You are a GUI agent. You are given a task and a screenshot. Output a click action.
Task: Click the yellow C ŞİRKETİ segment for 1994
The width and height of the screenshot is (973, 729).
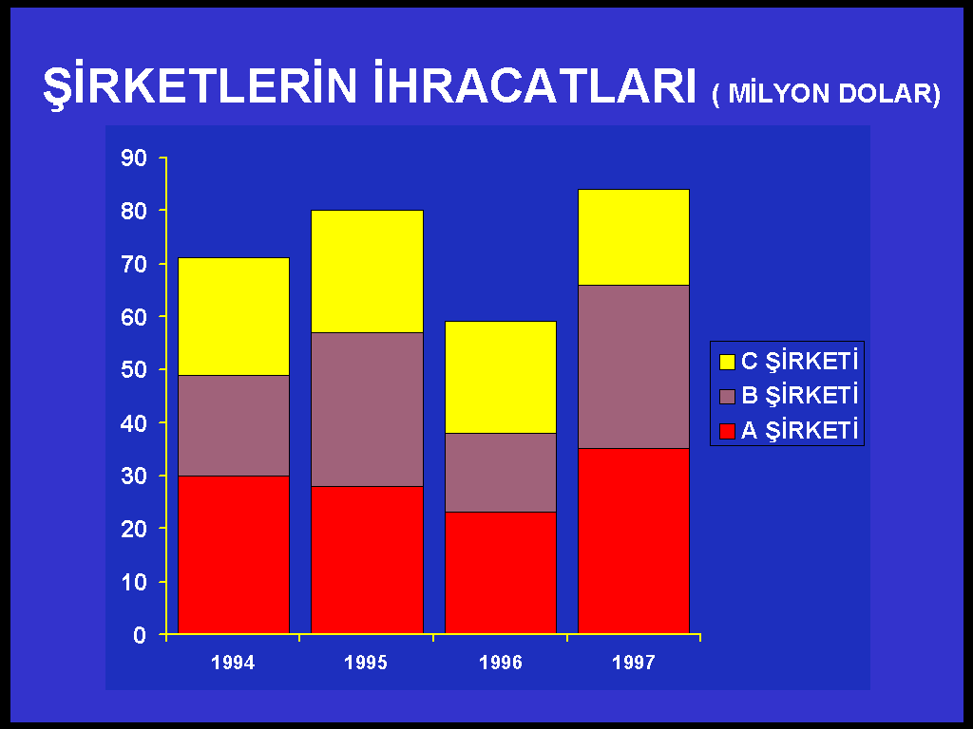coord(234,317)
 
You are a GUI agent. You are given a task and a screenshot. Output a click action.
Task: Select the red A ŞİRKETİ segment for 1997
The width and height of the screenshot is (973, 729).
coord(634,541)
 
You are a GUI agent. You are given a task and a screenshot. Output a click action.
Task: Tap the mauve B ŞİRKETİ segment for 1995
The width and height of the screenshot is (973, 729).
coord(367,410)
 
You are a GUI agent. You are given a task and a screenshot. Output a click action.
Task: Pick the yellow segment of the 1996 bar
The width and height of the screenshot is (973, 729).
coord(500,377)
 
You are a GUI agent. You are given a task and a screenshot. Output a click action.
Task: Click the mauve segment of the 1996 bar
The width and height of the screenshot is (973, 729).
coord(500,473)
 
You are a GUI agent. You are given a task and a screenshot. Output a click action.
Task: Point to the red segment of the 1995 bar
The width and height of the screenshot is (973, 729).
coord(367,560)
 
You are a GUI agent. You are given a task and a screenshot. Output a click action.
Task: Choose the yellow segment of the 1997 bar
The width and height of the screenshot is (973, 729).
coord(634,237)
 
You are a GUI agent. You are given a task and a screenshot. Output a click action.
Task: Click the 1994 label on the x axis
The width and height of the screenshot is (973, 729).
coord(233,663)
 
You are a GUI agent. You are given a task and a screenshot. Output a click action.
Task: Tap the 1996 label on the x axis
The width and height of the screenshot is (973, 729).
coord(500,663)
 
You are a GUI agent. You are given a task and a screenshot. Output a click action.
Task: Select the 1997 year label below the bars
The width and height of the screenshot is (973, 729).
coord(634,663)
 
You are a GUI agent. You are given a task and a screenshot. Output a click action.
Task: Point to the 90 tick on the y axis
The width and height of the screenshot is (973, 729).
coord(134,159)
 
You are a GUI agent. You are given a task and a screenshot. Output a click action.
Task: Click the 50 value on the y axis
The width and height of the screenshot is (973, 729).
coord(134,370)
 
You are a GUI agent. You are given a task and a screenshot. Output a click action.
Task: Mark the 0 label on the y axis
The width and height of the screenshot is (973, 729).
coord(140,635)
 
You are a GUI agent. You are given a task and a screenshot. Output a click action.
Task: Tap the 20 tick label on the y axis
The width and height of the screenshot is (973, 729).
coord(134,529)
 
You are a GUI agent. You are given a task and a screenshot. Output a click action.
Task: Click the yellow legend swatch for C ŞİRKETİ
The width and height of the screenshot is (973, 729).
coord(727,362)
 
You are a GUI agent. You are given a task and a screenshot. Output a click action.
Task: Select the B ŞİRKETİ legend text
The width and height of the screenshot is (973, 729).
coord(800,396)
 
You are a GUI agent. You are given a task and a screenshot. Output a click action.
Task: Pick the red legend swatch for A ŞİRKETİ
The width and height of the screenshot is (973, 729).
coord(727,432)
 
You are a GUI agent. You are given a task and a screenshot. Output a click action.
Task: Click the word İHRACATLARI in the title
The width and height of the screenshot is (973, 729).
coord(535,84)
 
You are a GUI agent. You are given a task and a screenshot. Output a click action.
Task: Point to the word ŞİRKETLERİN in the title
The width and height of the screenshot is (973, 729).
coord(200,85)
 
